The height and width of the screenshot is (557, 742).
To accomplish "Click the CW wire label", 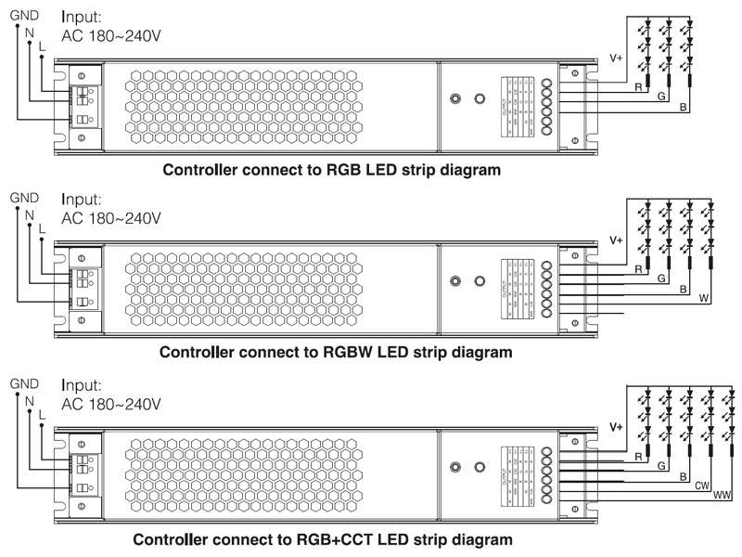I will [702, 486].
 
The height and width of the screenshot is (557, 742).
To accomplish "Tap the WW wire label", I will [722, 495].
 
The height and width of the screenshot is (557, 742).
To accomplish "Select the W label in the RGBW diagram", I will [703, 299].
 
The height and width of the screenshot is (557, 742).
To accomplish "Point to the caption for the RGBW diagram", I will [336, 352].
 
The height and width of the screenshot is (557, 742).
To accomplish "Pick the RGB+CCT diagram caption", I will [323, 539].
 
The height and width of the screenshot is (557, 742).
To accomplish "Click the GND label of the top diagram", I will [23, 15].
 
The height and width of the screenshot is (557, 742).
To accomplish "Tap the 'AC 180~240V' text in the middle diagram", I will [111, 218].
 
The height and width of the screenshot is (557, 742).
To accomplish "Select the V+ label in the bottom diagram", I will [616, 427].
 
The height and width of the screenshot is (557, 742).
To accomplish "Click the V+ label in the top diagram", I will [616, 58].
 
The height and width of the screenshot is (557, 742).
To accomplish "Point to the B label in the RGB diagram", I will [684, 109].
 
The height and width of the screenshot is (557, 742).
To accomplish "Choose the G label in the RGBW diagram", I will [659, 278].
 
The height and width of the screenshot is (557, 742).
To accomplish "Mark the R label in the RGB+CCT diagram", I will [638, 458].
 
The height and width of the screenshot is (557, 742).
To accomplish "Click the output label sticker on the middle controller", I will [516, 287].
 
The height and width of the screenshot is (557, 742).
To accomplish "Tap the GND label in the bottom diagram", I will [23, 382].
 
